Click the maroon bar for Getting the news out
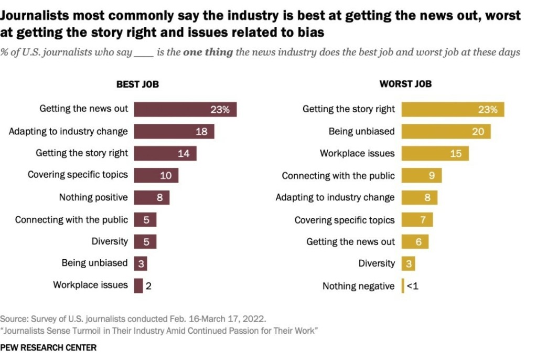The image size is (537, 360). pos(185,109)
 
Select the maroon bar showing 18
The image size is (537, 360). pos(174,131)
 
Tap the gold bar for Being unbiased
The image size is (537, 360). pos(446,131)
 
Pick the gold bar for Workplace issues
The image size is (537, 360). pos(435,153)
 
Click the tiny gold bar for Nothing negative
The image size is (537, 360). pos(403,286)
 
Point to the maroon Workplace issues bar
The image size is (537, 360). pos(138,285)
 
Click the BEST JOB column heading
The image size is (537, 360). pos(137,84)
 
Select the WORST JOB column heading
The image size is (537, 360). pos(405,84)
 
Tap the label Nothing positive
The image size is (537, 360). pos(93,197)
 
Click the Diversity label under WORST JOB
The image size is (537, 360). pos(377,263)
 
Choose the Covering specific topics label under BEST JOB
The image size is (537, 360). pos(78,175)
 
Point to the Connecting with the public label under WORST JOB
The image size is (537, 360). pos(338,176)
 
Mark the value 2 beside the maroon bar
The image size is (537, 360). pos(149,286)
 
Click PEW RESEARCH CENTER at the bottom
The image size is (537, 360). pos(48,347)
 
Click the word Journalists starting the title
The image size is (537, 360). pos(36,16)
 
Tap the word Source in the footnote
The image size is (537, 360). pos(13,319)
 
